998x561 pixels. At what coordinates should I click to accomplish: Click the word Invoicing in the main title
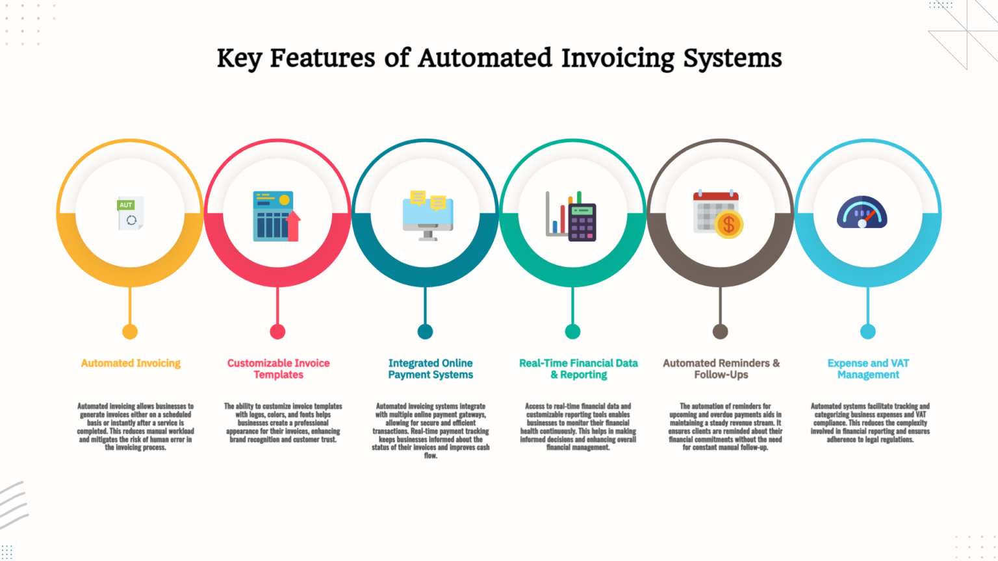[x=617, y=59]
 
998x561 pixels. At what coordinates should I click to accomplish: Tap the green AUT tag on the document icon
[x=125, y=205]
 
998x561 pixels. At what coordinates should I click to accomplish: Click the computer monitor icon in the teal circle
[x=428, y=216]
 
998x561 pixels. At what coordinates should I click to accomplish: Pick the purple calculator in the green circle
[x=582, y=222]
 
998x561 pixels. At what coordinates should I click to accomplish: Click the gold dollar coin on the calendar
[x=729, y=225]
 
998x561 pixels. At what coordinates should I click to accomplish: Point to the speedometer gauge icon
[x=862, y=212]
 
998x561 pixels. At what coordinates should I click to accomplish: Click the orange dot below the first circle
[x=130, y=332]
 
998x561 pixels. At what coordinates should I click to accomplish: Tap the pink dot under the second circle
[x=277, y=332]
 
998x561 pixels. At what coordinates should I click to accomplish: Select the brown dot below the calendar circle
[x=721, y=332]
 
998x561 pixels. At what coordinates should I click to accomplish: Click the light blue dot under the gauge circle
[x=868, y=332]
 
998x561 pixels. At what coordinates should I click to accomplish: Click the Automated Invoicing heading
[x=131, y=364]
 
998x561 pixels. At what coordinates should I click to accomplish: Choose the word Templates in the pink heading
[x=279, y=375]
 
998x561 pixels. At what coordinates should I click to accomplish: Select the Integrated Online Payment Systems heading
[x=430, y=369]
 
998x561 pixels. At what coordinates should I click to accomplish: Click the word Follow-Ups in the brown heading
[x=721, y=375]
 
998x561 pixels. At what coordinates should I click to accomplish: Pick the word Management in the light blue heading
[x=868, y=375]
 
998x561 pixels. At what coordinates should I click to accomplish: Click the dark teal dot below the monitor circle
[x=425, y=332]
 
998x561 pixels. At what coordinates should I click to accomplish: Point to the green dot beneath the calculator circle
[x=572, y=332]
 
